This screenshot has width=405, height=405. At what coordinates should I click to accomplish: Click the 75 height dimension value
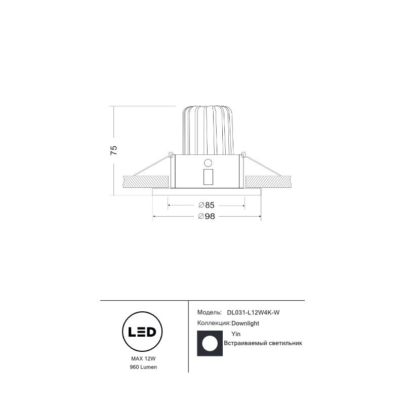(114, 150)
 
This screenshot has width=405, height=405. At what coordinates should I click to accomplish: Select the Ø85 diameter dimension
(207, 205)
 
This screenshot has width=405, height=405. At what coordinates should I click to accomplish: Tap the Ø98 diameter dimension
(207, 216)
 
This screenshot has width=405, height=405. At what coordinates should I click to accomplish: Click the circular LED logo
(142, 332)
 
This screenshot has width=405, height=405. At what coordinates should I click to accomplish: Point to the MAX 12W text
(143, 358)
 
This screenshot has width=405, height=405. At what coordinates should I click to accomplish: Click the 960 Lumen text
(143, 367)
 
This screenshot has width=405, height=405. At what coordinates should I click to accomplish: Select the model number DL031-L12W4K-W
(253, 312)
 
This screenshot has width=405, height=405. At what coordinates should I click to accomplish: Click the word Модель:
(210, 312)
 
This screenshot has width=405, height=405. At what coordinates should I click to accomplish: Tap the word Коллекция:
(214, 323)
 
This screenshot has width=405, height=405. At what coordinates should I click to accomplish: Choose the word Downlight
(245, 323)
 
